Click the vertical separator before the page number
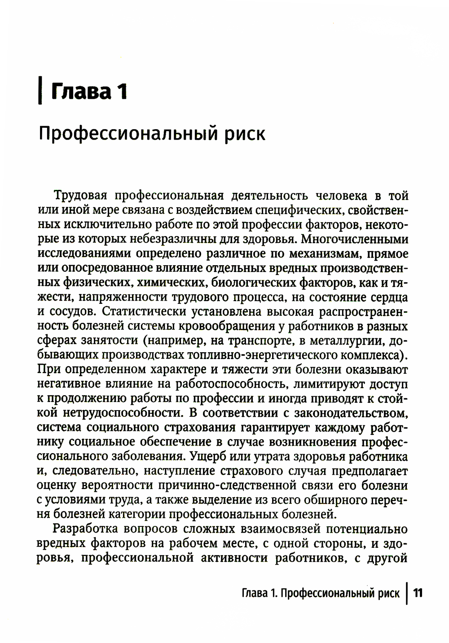[406, 593]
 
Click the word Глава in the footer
[254, 593]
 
